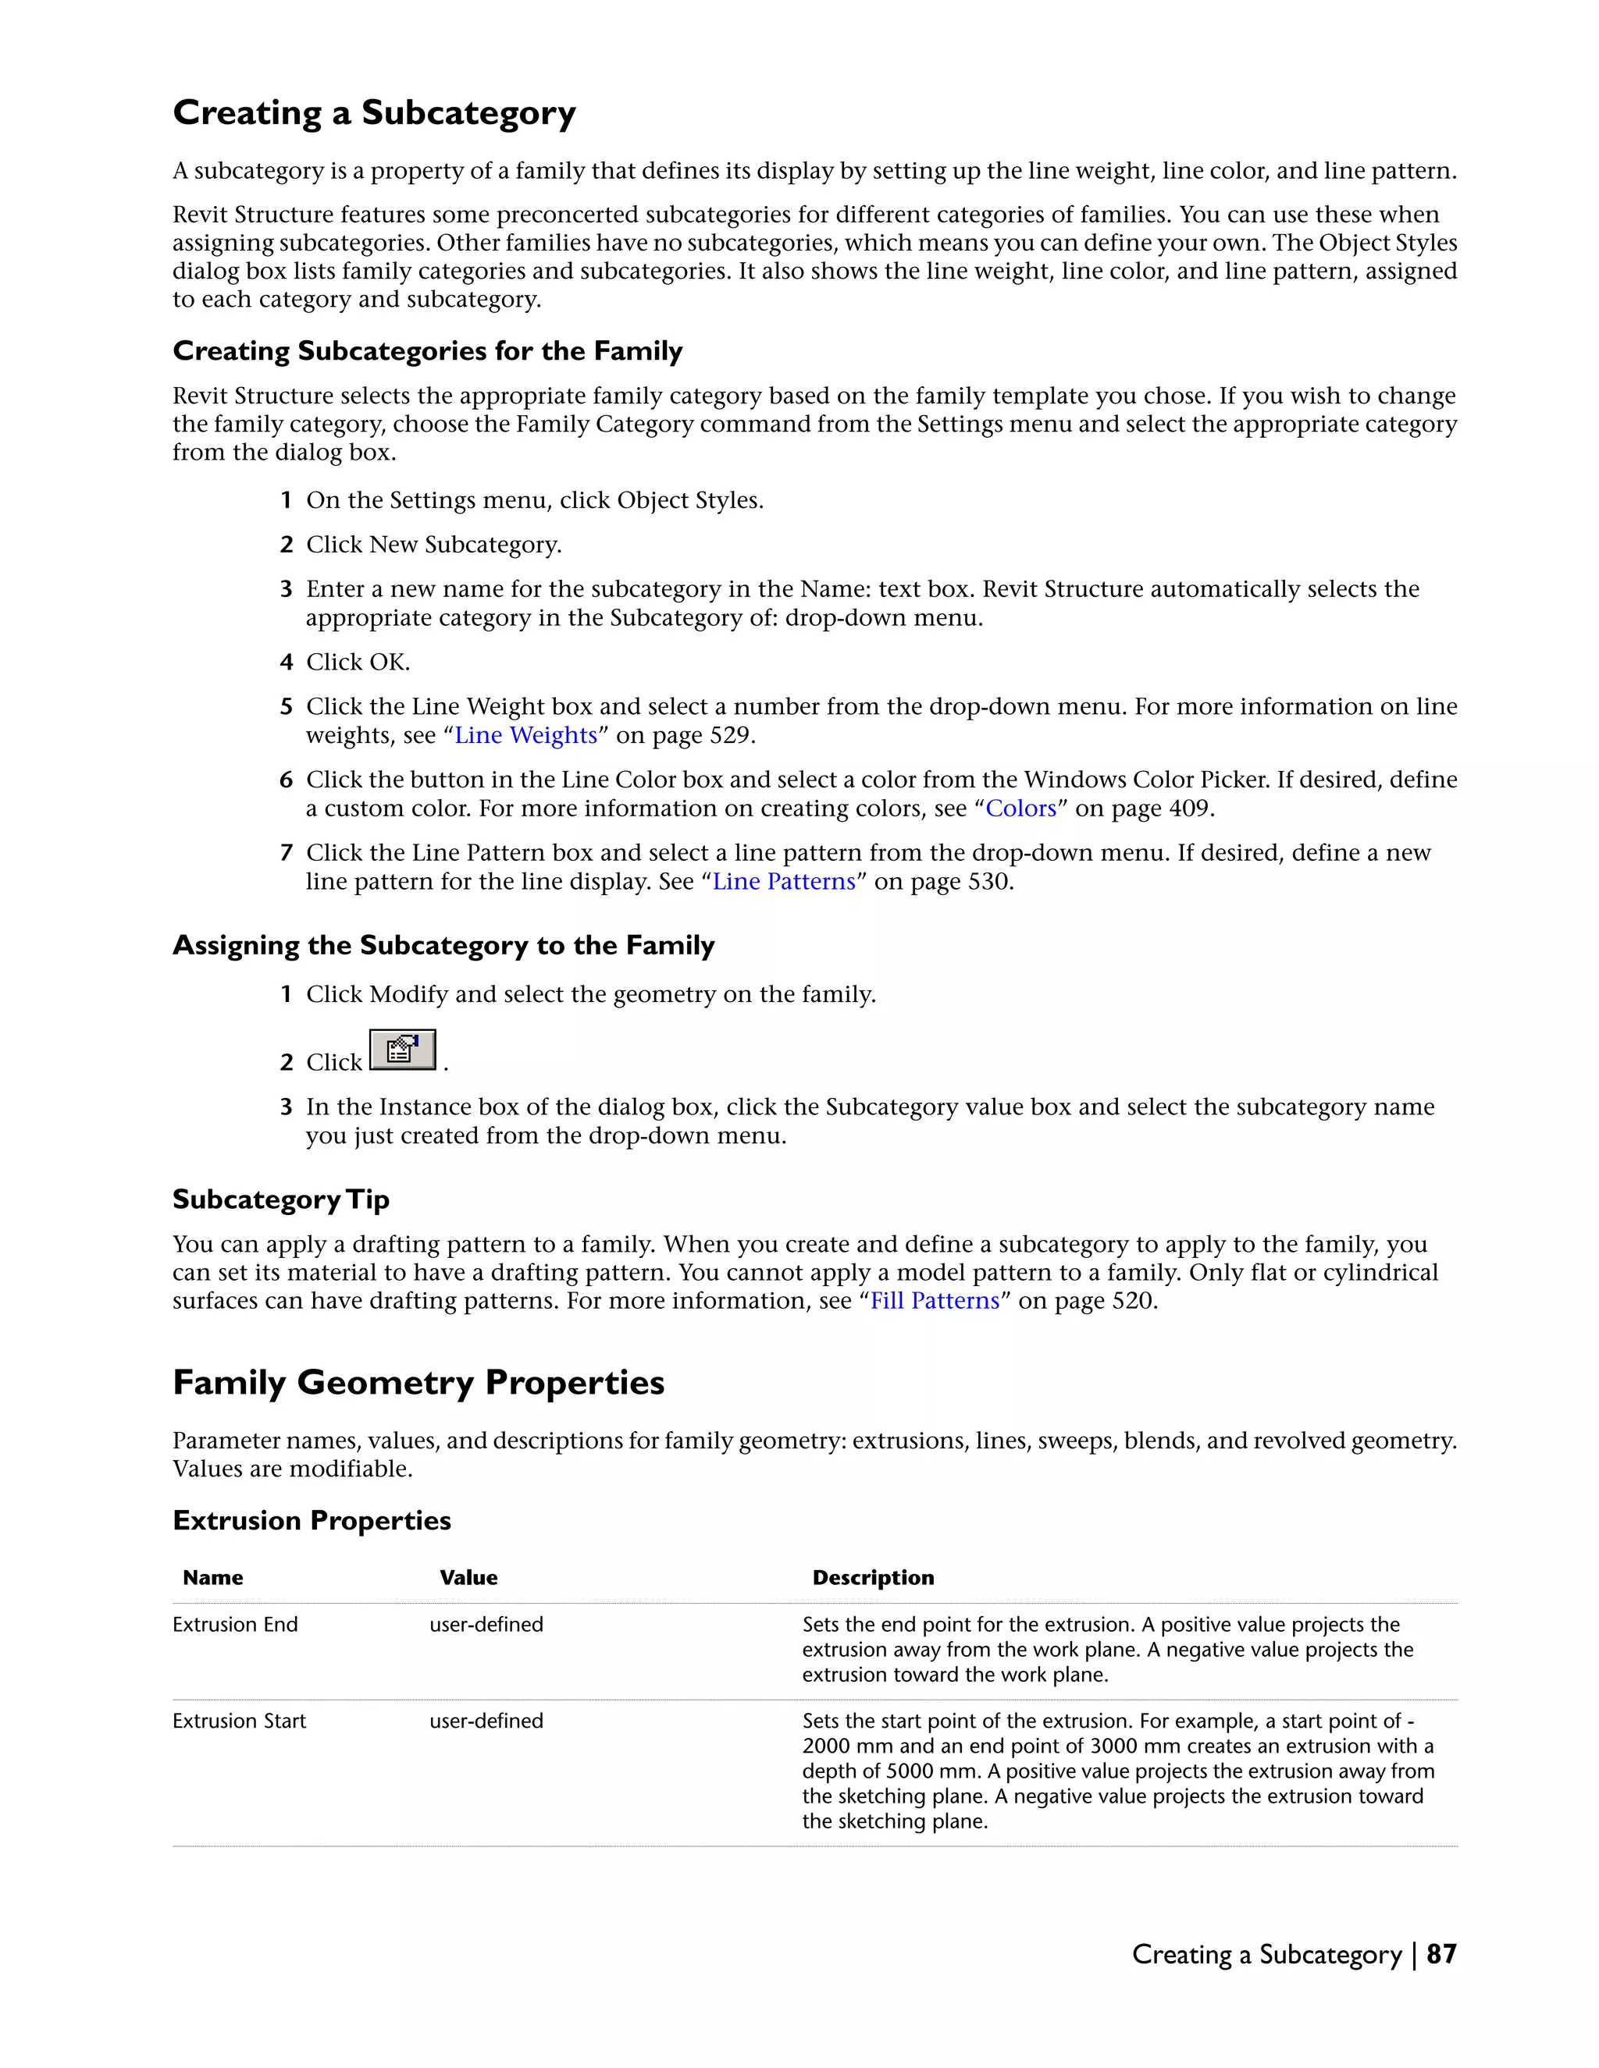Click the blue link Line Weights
click(x=525, y=736)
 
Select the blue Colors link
click(x=1020, y=808)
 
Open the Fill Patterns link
click(x=934, y=1301)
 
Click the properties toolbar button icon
click(x=403, y=1050)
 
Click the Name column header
click(x=213, y=1577)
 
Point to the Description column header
click(x=872, y=1577)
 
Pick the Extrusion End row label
click(x=235, y=1625)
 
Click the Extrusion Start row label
click(x=239, y=1722)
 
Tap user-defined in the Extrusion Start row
click(x=486, y=1722)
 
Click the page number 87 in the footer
click(x=1441, y=1954)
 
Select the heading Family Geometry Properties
click(x=418, y=1384)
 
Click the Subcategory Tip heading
click(x=280, y=1199)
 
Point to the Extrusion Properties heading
click(x=312, y=1521)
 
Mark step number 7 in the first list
click(x=286, y=853)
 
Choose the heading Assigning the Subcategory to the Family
click(x=443, y=946)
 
